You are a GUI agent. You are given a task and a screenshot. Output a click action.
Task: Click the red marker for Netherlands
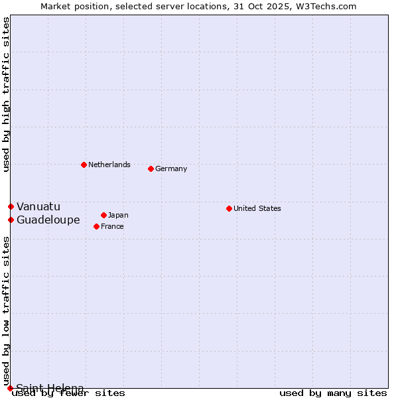(x=84, y=165)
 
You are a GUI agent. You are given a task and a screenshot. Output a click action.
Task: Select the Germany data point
(x=151, y=168)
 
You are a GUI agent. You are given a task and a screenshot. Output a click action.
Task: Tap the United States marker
(x=229, y=208)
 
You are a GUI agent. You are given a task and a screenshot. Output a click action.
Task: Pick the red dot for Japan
(x=103, y=215)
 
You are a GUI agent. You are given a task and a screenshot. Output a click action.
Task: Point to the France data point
(x=97, y=226)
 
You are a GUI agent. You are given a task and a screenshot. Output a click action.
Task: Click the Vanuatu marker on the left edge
(x=11, y=206)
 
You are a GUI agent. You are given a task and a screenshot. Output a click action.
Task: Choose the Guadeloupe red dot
(x=11, y=220)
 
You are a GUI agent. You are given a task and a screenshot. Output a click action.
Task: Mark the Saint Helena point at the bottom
(x=10, y=388)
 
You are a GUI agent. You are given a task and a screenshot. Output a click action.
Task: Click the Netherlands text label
(x=109, y=165)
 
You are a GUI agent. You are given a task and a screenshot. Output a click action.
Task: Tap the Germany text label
(x=171, y=168)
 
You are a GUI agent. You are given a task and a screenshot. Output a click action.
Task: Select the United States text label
(x=257, y=208)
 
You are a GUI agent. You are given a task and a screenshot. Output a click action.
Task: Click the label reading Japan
(x=118, y=215)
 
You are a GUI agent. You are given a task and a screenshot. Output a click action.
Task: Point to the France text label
(x=112, y=226)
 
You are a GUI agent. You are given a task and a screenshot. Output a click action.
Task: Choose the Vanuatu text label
(x=38, y=206)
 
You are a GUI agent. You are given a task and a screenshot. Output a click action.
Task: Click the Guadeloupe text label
(x=48, y=220)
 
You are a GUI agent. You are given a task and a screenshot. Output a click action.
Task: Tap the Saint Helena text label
(x=50, y=388)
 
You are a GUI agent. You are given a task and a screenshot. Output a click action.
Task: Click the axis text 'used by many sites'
(x=333, y=393)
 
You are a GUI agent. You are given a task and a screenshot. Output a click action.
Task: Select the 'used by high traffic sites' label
(x=7, y=94)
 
